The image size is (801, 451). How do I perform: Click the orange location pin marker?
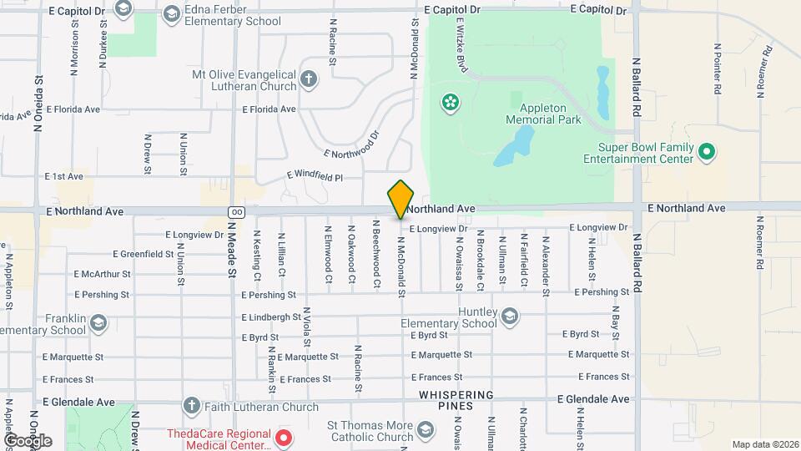(x=400, y=199)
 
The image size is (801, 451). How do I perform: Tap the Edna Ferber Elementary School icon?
(x=171, y=13)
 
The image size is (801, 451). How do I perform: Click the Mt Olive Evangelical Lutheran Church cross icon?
(x=309, y=80)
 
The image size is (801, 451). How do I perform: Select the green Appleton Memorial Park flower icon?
(x=450, y=102)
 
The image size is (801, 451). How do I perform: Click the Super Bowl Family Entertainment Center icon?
(x=707, y=152)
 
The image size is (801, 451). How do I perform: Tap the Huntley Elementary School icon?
(x=509, y=317)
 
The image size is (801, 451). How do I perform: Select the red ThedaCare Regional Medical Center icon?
(x=283, y=437)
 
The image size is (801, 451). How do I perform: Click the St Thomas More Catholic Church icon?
(x=425, y=431)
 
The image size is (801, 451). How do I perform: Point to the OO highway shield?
(x=237, y=211)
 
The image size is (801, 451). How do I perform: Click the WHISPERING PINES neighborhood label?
(x=456, y=400)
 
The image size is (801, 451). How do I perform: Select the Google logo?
(x=28, y=440)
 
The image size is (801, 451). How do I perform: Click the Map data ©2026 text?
(x=764, y=444)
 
